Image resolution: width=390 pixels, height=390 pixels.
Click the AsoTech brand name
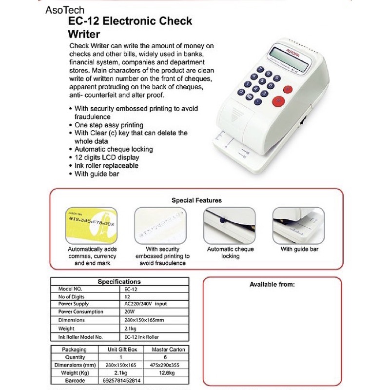pyautogui.click(x=64, y=10)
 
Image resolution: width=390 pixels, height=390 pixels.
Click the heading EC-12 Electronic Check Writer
pyautogui.click(x=130, y=27)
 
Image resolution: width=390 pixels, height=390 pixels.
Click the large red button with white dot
pyautogui.click(x=278, y=101)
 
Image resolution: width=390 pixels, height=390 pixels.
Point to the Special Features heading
pyautogui.click(x=196, y=200)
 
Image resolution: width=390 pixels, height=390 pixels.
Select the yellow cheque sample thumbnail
pyautogui.click(x=91, y=225)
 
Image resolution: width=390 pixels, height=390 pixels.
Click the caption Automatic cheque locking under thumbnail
pyautogui.click(x=230, y=253)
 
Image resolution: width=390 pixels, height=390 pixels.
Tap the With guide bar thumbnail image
pyautogui.click(x=298, y=225)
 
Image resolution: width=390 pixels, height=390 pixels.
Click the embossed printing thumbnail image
pyautogui.click(x=160, y=225)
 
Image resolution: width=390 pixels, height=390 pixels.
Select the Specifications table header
pyautogui.click(x=119, y=282)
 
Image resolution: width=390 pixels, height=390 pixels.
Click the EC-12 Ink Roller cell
pyautogui.click(x=142, y=337)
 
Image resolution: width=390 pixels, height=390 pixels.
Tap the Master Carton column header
pyautogui.click(x=168, y=350)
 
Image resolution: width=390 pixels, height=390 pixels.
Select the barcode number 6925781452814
pyautogui.click(x=122, y=381)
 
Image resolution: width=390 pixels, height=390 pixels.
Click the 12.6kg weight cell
pyautogui.click(x=168, y=373)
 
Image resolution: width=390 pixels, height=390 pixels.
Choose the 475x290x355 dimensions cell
pyautogui.click(x=168, y=365)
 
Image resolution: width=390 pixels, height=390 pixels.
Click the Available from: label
pyautogui.click(x=272, y=284)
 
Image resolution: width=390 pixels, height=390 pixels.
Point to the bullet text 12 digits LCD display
pyautogui.click(x=107, y=157)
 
